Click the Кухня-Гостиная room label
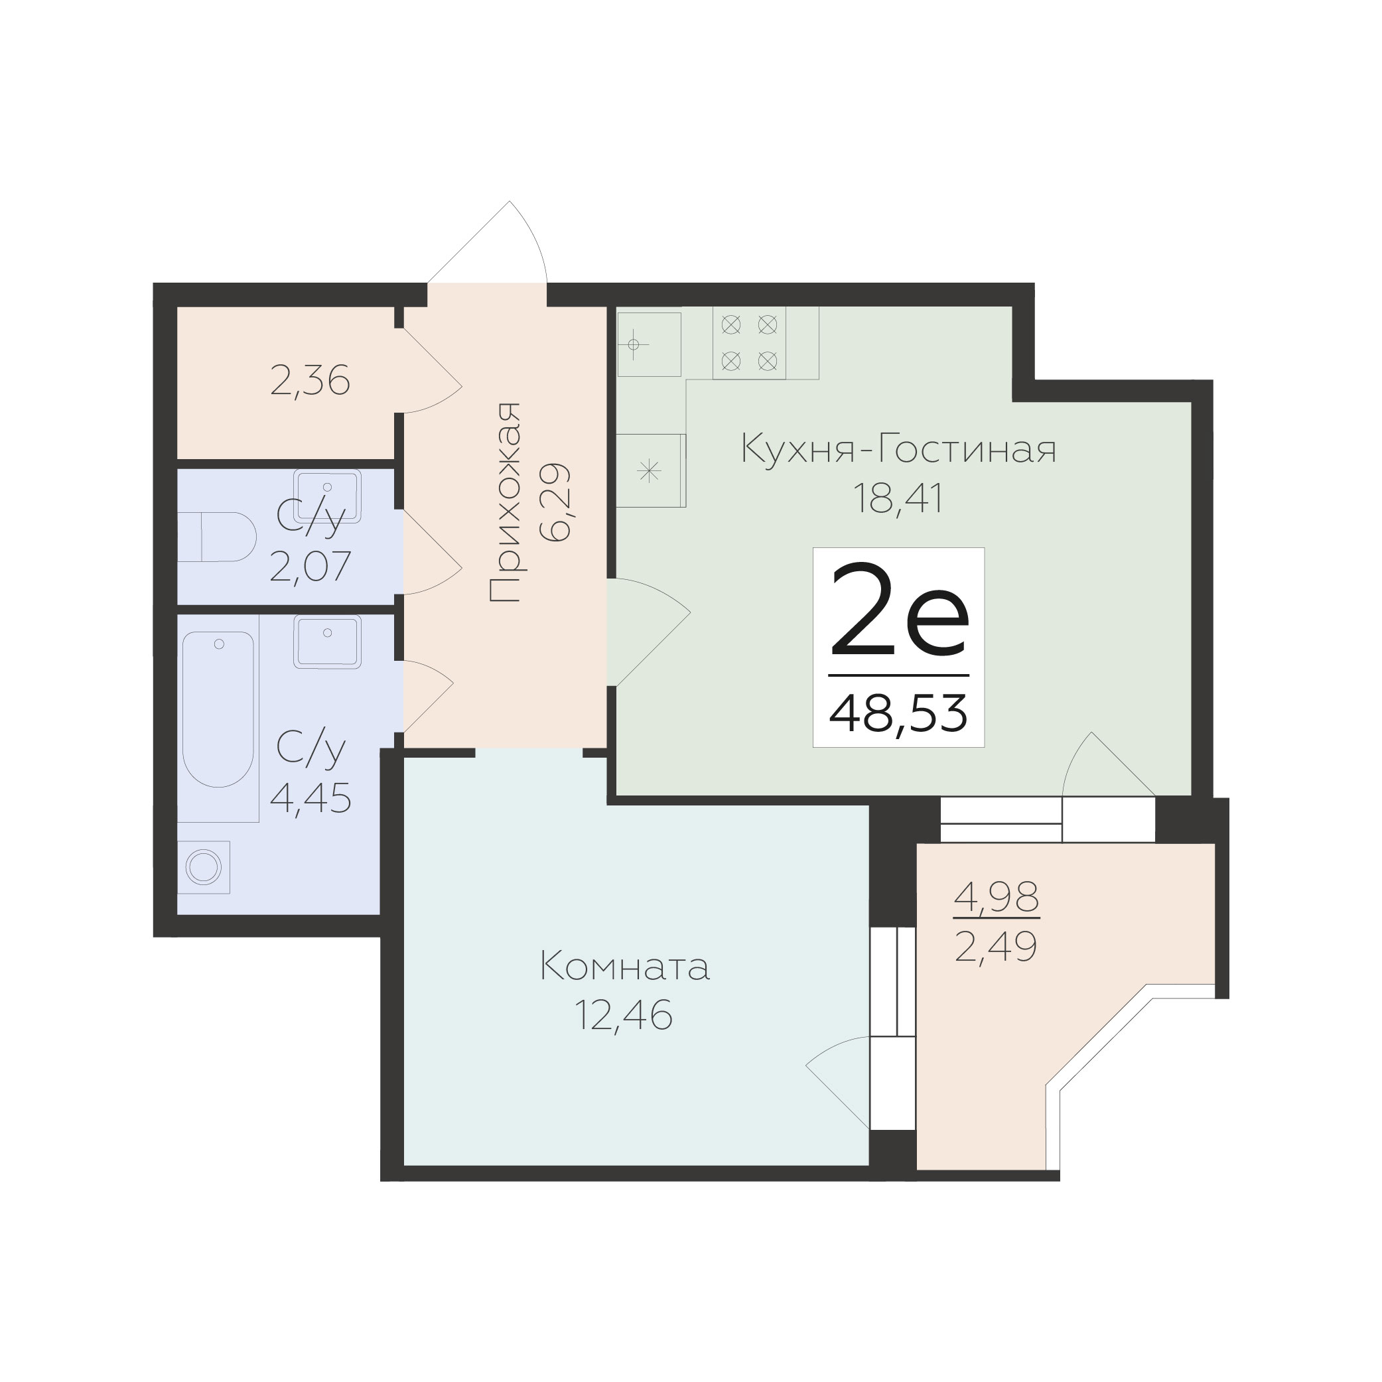[x=898, y=449]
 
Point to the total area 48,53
[x=898, y=714]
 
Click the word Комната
[x=625, y=967]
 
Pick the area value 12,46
[x=624, y=1015]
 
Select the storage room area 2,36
[x=310, y=381]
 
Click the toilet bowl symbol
[x=217, y=537]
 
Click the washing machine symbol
[x=204, y=867]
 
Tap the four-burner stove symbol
[x=749, y=342]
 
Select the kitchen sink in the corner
[x=649, y=344]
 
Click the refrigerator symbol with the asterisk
[x=651, y=470]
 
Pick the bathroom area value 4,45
[x=311, y=798]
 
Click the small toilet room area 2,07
[x=311, y=567]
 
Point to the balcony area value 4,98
[x=997, y=897]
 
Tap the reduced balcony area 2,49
[x=996, y=948]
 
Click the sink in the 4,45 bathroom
[x=328, y=642]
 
